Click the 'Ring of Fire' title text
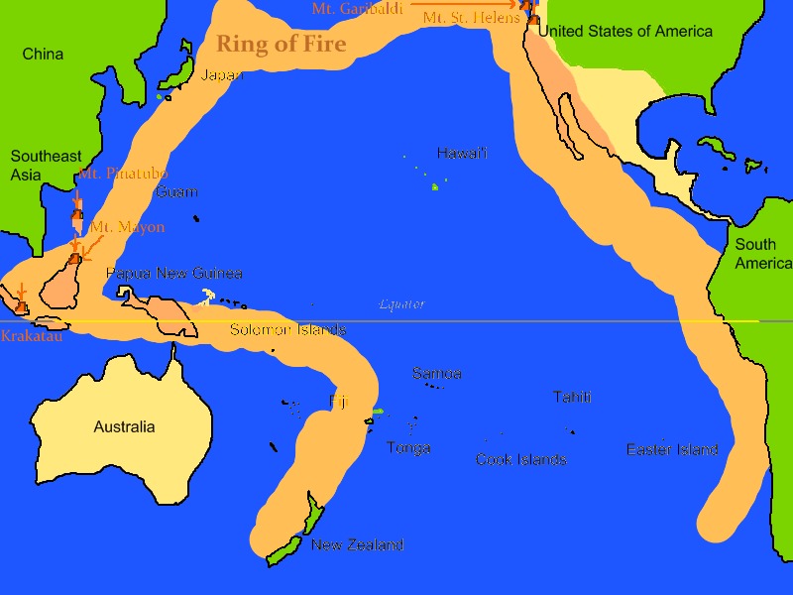(x=282, y=44)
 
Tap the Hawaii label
(x=462, y=154)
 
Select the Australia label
(x=124, y=427)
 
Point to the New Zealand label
(x=357, y=545)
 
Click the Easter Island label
(x=672, y=450)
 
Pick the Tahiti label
(x=572, y=398)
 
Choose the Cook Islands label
(x=520, y=460)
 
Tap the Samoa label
(x=436, y=374)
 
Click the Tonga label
(x=408, y=448)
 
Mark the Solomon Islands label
(x=287, y=330)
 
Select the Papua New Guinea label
(x=173, y=274)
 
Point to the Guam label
(x=176, y=192)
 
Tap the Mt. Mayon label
(x=127, y=228)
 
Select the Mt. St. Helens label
(x=471, y=19)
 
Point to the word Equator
(x=401, y=304)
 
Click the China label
(x=43, y=54)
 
